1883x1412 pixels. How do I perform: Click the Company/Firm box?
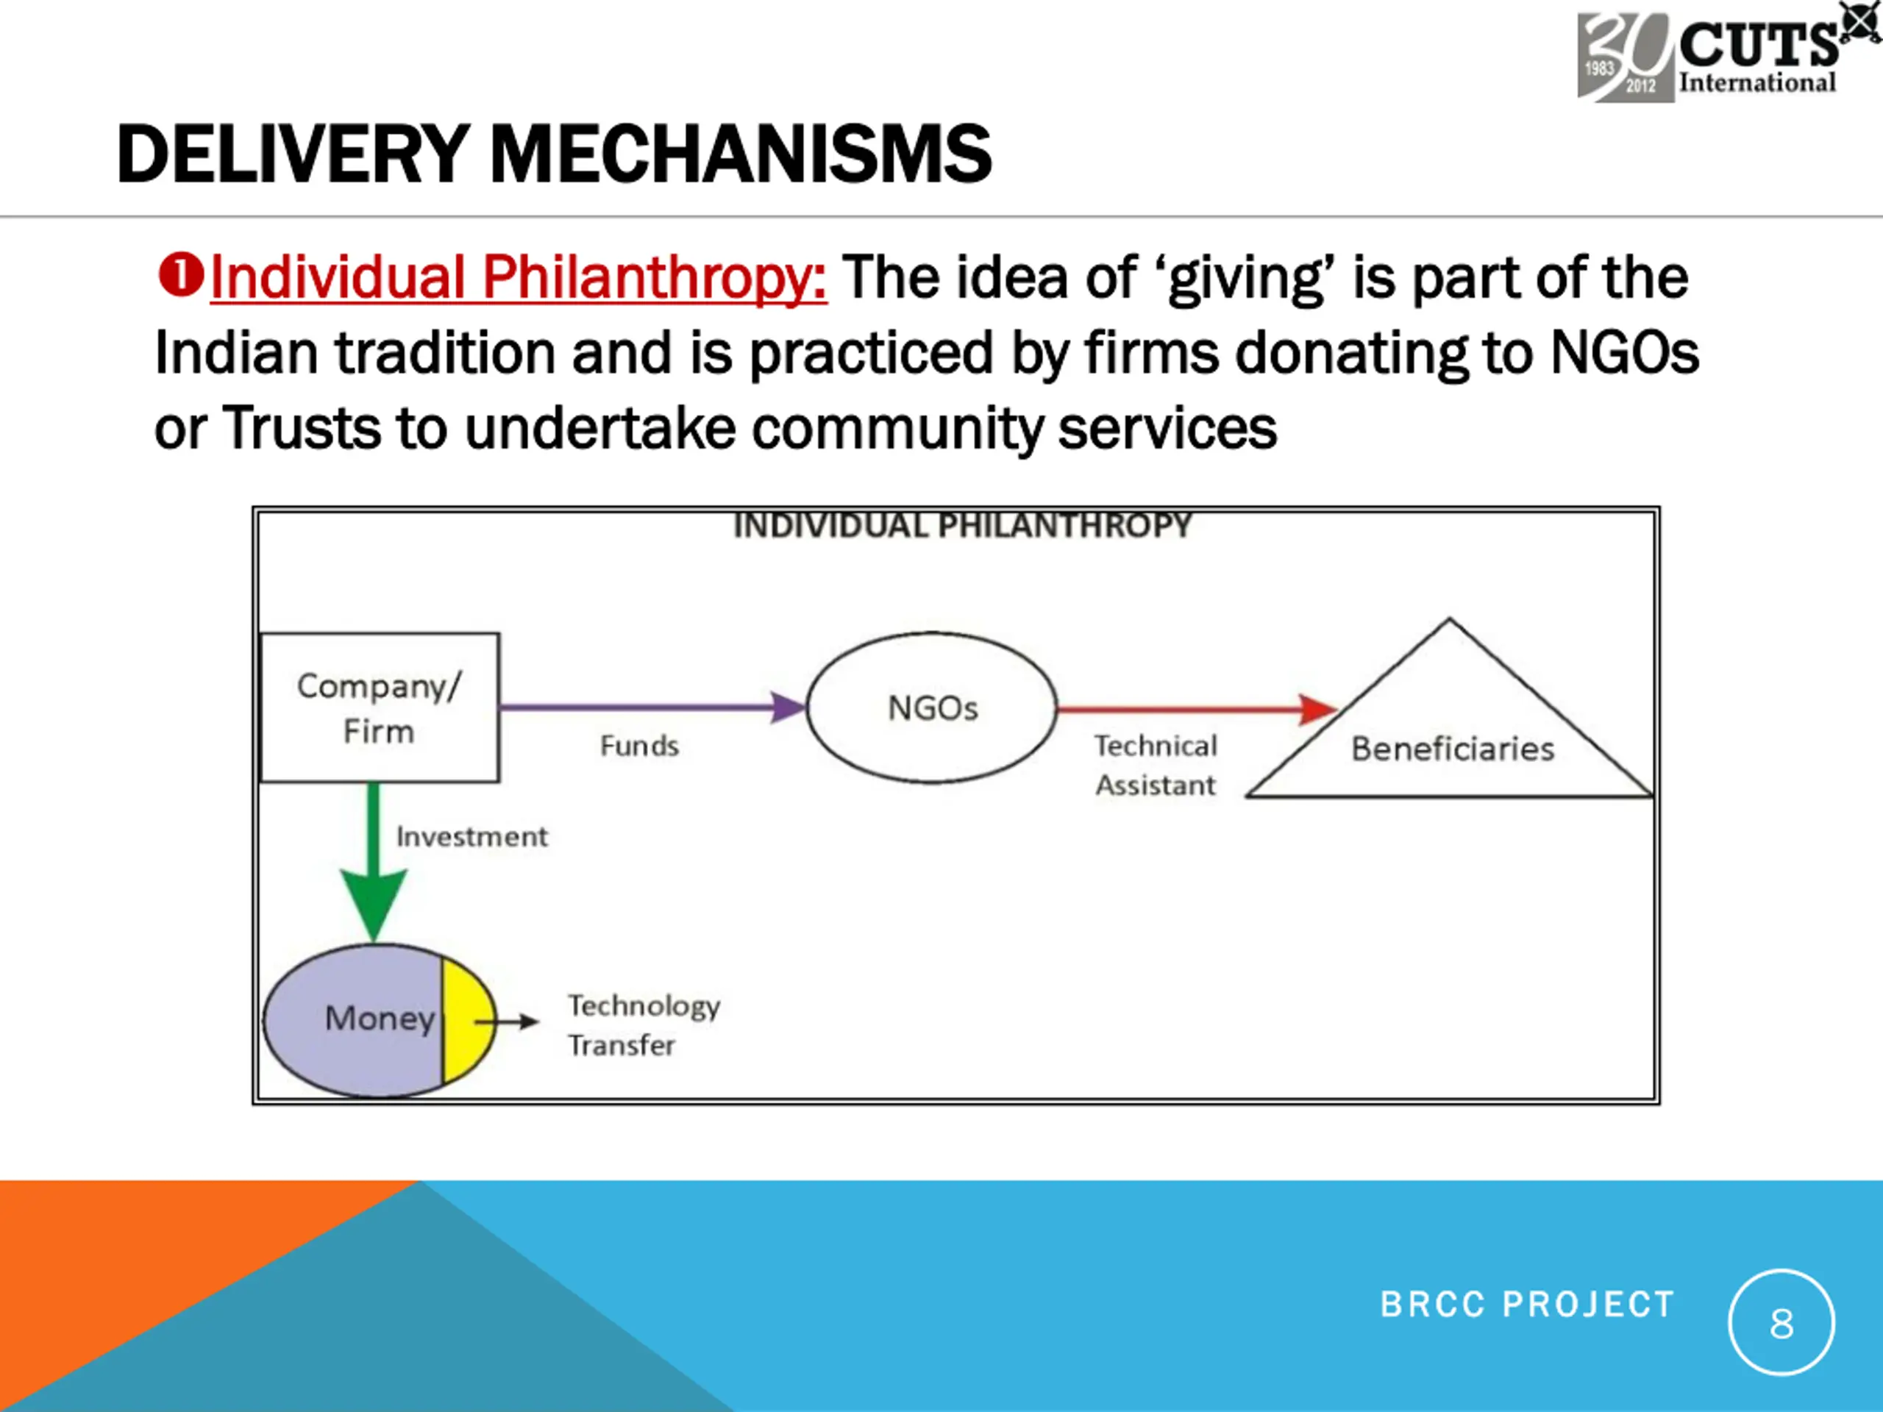pyautogui.click(x=380, y=707)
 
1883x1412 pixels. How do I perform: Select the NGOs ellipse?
pyautogui.click(x=932, y=707)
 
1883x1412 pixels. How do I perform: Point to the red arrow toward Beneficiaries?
pyautogui.click(x=1192, y=708)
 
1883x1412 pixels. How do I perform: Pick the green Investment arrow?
pyautogui.click(x=374, y=860)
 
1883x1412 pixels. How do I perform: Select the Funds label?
pyautogui.click(x=639, y=746)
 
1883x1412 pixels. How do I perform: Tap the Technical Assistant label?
pyautogui.click(x=1155, y=765)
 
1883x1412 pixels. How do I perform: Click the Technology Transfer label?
pyautogui.click(x=644, y=1024)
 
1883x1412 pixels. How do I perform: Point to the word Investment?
pyautogui.click(x=471, y=837)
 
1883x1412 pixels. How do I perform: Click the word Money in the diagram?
pyautogui.click(x=380, y=1018)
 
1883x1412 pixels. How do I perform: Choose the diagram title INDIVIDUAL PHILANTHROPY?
pyautogui.click(x=962, y=526)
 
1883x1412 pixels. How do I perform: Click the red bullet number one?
pyautogui.click(x=180, y=276)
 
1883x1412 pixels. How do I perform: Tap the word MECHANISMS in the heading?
pyautogui.click(x=741, y=154)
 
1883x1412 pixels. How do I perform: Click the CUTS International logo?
pyautogui.click(x=1711, y=56)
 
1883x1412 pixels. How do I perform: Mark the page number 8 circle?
pyautogui.click(x=1781, y=1322)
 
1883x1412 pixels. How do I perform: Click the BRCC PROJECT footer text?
pyautogui.click(x=1527, y=1304)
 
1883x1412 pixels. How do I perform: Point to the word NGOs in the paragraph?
pyautogui.click(x=1623, y=352)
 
